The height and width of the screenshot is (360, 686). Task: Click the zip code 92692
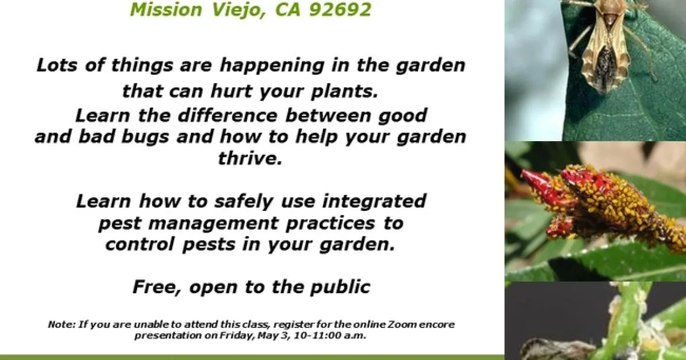(x=340, y=9)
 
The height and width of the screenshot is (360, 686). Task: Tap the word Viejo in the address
(x=238, y=10)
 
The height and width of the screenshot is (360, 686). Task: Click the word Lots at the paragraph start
(x=57, y=65)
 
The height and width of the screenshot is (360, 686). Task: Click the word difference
(x=228, y=115)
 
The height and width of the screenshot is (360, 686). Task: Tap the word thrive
(x=250, y=158)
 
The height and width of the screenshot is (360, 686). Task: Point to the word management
(x=213, y=223)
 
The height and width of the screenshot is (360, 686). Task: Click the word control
(x=140, y=245)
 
